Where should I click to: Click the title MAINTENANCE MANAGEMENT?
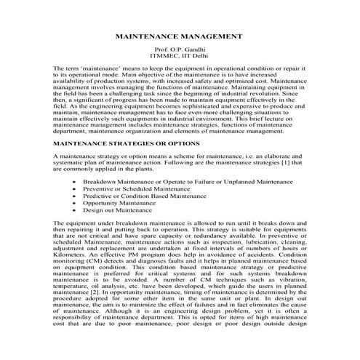[x=180, y=36]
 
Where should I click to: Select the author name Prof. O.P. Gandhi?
[x=180, y=47]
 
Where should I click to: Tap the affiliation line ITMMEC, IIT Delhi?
[x=180, y=55]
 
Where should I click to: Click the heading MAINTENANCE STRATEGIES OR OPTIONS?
[x=129, y=144]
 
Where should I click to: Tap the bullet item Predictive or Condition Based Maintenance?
[x=145, y=195]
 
